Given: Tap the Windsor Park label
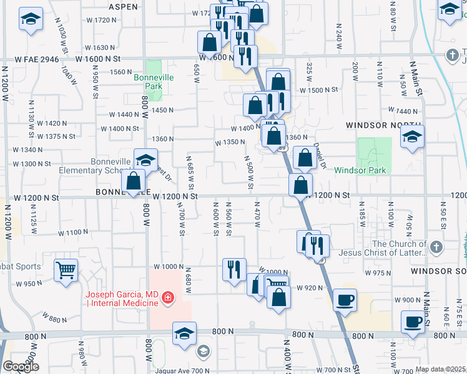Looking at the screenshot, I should [360, 170].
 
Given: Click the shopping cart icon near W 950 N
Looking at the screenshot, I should [66, 271].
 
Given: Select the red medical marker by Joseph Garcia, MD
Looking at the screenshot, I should [167, 298].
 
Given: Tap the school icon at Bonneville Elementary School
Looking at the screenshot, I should [145, 160].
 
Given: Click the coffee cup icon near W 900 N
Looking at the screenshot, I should [345, 300].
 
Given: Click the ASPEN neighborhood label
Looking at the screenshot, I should [123, 7].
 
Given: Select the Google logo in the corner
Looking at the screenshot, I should [21, 367].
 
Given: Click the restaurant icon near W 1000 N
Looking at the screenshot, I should [234, 269].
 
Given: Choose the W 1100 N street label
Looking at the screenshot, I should [74, 233].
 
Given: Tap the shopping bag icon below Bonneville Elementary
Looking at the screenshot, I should [134, 181].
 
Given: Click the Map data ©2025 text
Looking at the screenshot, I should [440, 369].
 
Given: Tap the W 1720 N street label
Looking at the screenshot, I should [102, 20].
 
